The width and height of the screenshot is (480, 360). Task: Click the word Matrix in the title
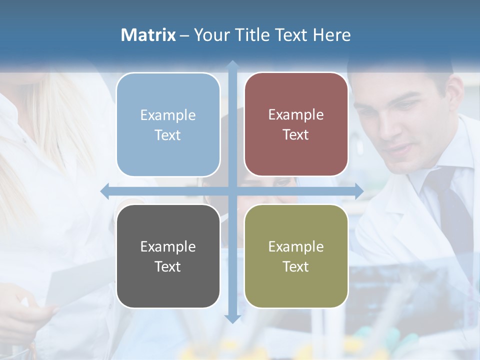pyautogui.click(x=148, y=35)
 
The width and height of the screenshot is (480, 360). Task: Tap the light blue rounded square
pyautogui.click(x=168, y=124)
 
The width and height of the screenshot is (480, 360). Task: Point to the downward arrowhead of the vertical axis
pyautogui.click(x=232, y=318)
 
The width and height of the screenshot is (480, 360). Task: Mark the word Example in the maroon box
pyautogui.click(x=296, y=114)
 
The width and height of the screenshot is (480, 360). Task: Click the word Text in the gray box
pyautogui.click(x=168, y=266)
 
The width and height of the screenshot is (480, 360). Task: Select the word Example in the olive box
pyautogui.click(x=296, y=246)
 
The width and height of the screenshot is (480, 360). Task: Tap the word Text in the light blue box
pyautogui.click(x=168, y=135)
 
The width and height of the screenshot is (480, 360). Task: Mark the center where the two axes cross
pyautogui.click(x=232, y=191)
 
